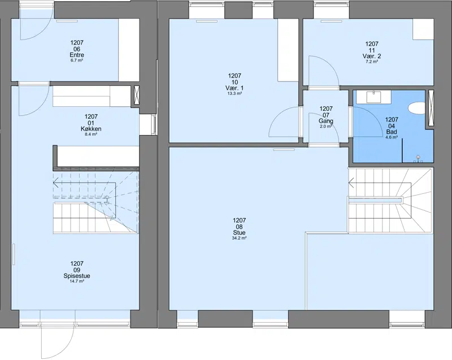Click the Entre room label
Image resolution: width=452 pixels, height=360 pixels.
(x=77, y=55)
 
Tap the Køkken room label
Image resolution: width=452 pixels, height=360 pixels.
(x=91, y=129)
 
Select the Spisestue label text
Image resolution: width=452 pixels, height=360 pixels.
(x=77, y=276)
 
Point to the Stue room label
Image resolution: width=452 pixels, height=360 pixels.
(x=239, y=233)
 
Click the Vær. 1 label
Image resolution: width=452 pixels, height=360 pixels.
(x=234, y=88)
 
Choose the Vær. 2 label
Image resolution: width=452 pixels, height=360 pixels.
(x=372, y=56)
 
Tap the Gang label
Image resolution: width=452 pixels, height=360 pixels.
(x=326, y=121)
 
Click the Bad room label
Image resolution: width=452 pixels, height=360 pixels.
(x=392, y=132)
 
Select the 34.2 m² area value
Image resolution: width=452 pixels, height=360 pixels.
(x=239, y=238)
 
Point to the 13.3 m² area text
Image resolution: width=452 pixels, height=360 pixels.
(x=234, y=93)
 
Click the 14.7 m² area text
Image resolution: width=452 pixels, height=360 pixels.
(x=77, y=281)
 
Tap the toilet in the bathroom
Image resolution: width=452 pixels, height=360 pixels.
(x=416, y=108)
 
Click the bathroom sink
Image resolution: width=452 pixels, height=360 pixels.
(x=373, y=97)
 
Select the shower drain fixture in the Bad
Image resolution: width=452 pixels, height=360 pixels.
(x=418, y=159)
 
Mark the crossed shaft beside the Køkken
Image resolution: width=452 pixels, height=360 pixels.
(x=136, y=96)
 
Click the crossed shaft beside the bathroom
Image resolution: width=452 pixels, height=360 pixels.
(x=431, y=109)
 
